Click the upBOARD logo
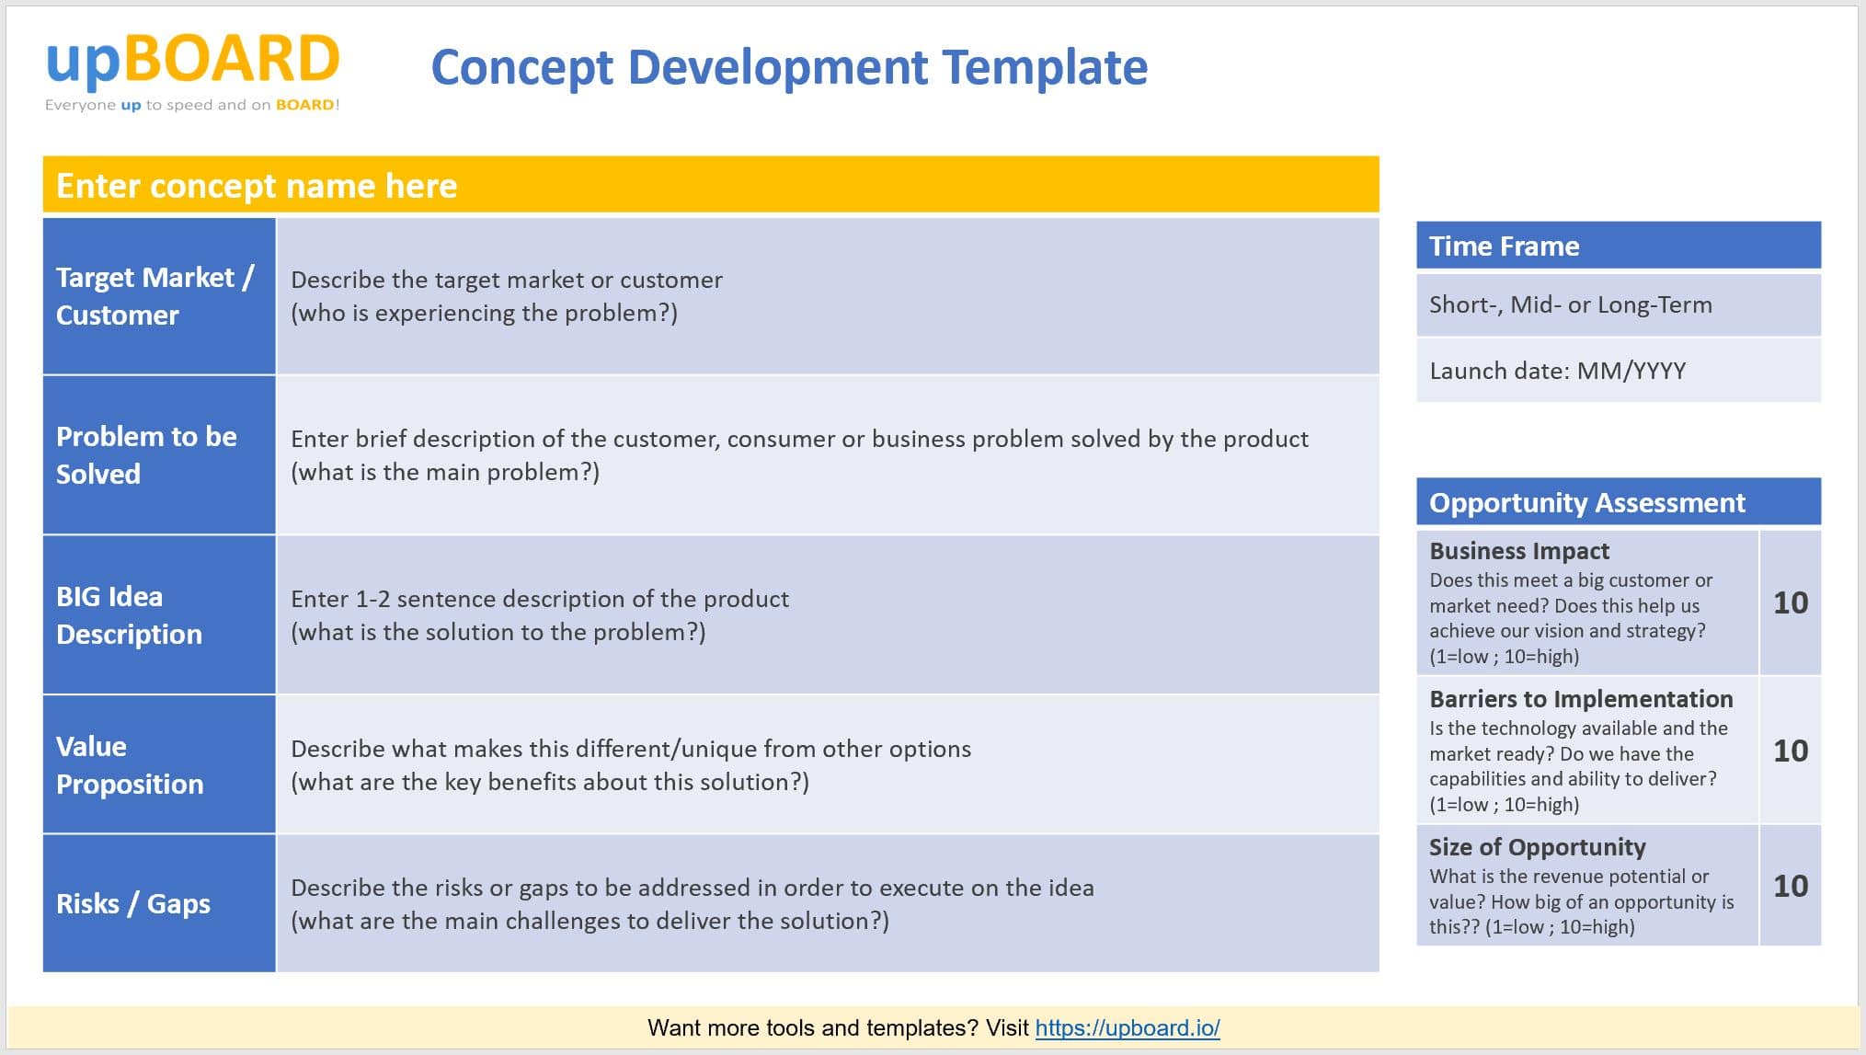click(x=192, y=60)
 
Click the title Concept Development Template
click(x=789, y=67)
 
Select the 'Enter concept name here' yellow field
click(x=710, y=186)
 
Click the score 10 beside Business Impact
click(x=1790, y=602)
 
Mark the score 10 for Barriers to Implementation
click(x=1790, y=751)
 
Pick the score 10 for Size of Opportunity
click(x=1790, y=886)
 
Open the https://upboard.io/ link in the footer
click(x=1127, y=1027)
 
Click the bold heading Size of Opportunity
click(x=1537, y=847)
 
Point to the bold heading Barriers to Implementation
click(x=1580, y=699)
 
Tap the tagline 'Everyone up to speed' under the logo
click(x=192, y=105)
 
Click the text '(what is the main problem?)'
click(x=445, y=472)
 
